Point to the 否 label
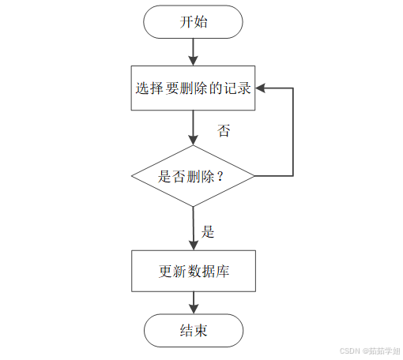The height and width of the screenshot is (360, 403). [x=224, y=131]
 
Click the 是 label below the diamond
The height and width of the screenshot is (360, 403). [x=209, y=232]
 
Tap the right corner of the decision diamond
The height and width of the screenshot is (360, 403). [x=254, y=176]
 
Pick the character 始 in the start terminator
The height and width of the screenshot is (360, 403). [x=201, y=23]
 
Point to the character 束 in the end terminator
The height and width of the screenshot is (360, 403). [x=201, y=329]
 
